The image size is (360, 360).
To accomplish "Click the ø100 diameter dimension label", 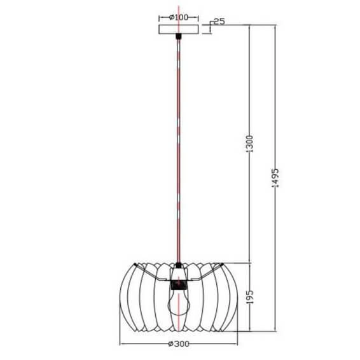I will [x=179, y=17].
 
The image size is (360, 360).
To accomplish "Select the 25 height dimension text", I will [x=219, y=22].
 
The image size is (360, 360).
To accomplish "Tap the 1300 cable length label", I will [x=251, y=143].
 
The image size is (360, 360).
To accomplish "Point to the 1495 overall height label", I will [x=275, y=179].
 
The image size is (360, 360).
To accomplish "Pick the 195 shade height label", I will [x=251, y=298].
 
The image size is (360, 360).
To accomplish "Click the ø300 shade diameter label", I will [x=180, y=344].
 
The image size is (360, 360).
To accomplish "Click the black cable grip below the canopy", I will [x=179, y=39].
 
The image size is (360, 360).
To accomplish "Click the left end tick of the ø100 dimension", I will [x=158, y=17].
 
